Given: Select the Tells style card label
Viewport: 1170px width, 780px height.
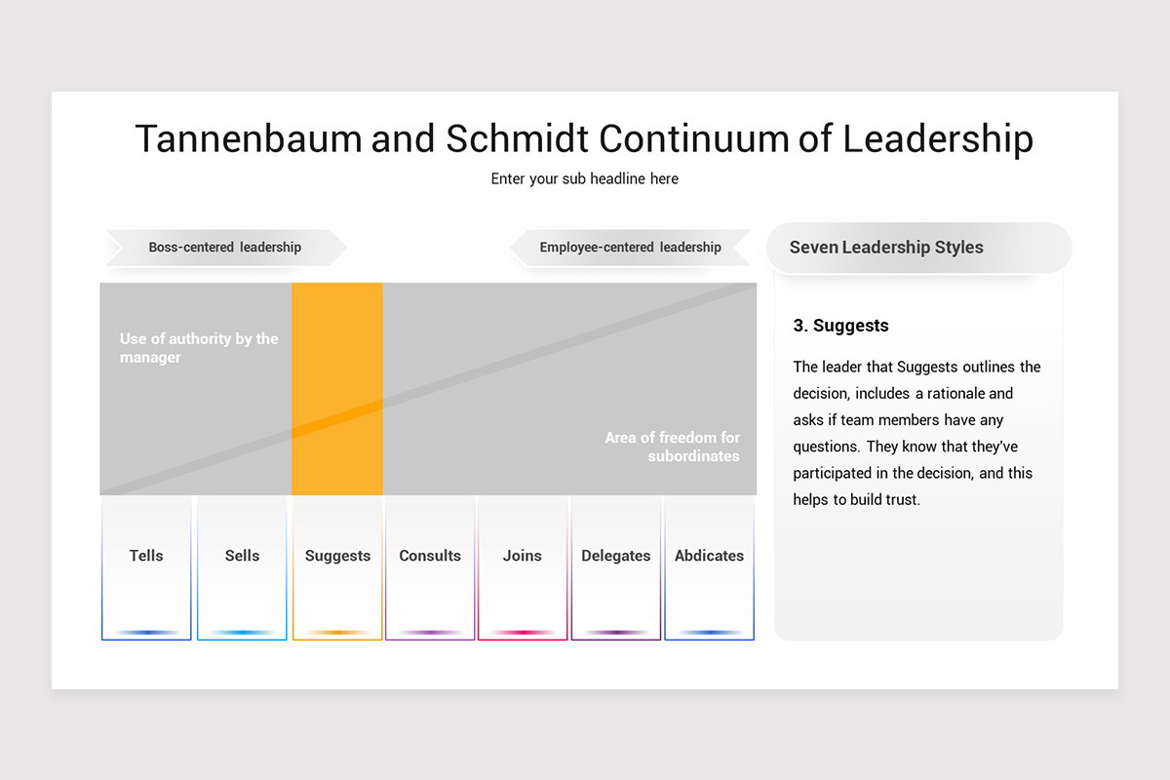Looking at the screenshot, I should pos(146,556).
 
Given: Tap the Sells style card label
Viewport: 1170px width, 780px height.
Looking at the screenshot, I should pos(242,556).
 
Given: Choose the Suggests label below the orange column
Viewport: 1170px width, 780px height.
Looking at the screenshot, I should pos(337,556).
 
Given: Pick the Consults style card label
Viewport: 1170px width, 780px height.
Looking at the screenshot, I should pos(430,556).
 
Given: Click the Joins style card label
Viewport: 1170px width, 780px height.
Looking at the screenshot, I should pos(522,556).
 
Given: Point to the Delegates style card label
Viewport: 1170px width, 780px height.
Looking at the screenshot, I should pos(615,556).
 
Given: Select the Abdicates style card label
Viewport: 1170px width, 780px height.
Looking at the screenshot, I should pos(709,556).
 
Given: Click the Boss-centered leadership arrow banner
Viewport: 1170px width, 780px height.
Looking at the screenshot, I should pos(225,248).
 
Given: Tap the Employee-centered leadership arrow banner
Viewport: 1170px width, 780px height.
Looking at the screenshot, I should pos(630,248).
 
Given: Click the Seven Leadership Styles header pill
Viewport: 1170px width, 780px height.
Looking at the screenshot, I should pos(917,248).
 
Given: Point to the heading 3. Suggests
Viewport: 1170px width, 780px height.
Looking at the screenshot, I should pos(840,326).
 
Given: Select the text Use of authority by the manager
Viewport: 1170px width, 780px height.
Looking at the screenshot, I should pos(199,348).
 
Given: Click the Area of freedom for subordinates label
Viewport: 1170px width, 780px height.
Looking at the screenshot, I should pos(672,447).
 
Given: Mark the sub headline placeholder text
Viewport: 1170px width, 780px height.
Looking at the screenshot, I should pos(584,178).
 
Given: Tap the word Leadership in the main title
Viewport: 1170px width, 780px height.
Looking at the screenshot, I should pos(937,138).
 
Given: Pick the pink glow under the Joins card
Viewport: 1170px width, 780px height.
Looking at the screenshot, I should pos(523,633).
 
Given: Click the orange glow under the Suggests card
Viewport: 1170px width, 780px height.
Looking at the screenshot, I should pos(337,633).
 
